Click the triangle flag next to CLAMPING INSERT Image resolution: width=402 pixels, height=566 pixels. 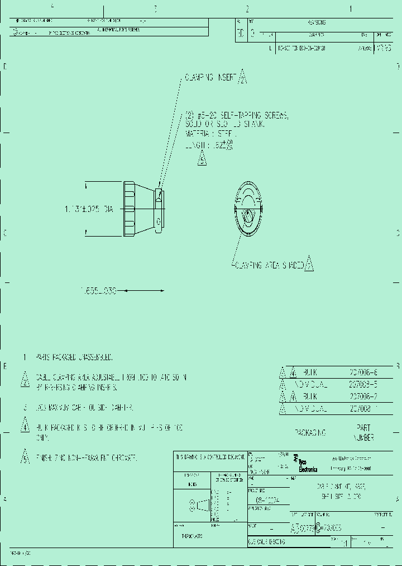point(242,78)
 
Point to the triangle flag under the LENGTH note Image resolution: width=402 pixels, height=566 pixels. point(202,159)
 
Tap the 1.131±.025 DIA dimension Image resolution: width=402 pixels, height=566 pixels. point(89,209)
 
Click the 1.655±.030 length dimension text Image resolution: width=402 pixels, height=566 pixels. point(98,291)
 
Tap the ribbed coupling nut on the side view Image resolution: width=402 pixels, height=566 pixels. point(129,209)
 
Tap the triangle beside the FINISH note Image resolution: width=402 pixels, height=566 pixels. point(25,457)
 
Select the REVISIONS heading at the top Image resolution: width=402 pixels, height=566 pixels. point(317,22)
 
